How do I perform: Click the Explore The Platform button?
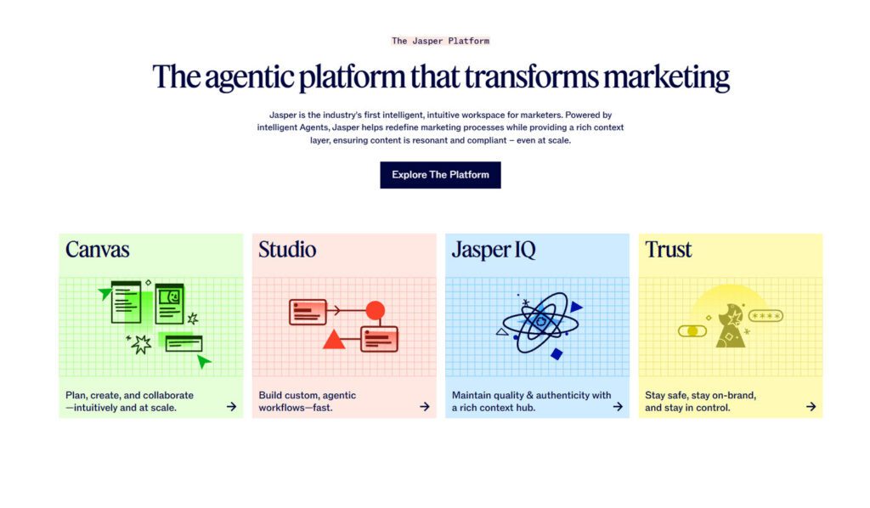point(440,175)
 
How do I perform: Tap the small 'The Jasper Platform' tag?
point(441,41)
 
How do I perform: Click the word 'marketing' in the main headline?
point(666,76)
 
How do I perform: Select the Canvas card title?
point(97,249)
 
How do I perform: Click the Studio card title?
point(287,249)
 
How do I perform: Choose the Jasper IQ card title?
point(494,250)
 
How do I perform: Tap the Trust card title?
point(668,249)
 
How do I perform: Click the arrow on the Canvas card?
point(231,407)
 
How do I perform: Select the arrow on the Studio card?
point(425,407)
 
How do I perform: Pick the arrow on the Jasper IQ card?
point(618,407)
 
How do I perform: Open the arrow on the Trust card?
point(811,407)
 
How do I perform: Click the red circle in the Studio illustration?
point(375,311)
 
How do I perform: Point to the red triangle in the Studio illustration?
point(334,340)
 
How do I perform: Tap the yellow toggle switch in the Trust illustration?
point(692,331)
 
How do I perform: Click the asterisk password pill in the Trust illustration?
point(765,316)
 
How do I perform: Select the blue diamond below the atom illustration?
point(556,354)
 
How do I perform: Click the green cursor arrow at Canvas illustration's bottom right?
point(204,362)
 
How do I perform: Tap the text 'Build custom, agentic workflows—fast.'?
point(308,401)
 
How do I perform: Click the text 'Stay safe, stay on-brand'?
point(700,395)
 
